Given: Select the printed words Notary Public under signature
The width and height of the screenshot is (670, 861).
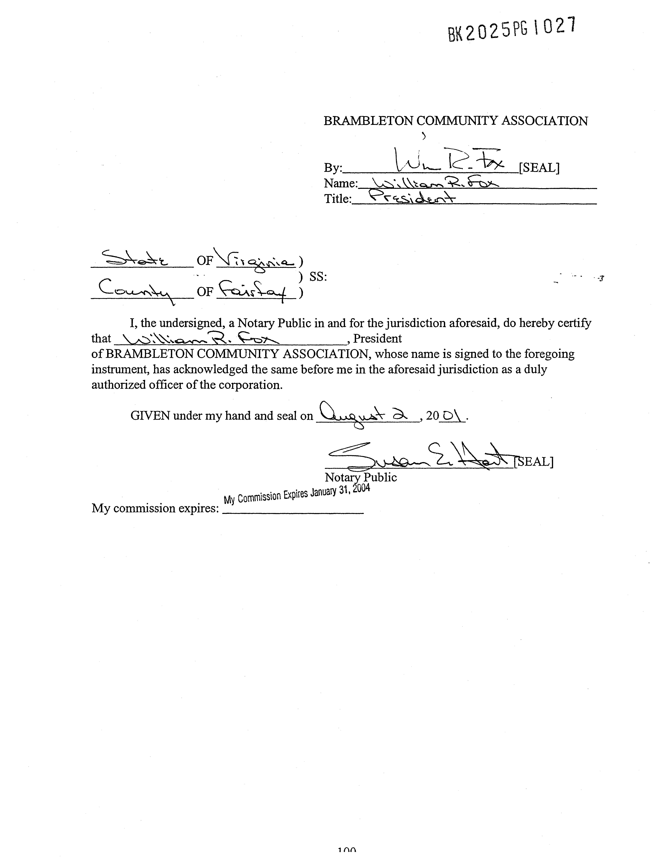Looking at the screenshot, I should coord(360,477).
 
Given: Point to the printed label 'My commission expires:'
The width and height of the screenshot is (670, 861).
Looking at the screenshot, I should coord(155,508).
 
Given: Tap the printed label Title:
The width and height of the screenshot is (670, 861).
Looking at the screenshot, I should coord(337,199).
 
